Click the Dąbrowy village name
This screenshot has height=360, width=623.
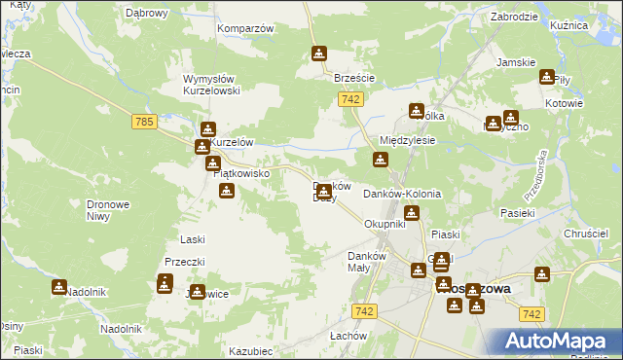click(x=147, y=14)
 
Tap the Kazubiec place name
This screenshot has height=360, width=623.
click(x=250, y=350)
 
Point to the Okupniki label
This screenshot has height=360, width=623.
click(x=384, y=224)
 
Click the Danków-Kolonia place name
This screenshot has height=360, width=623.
click(x=402, y=194)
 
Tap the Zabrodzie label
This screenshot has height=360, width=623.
click(x=515, y=17)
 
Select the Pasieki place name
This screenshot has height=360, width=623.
click(x=518, y=212)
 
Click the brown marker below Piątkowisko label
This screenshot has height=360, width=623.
click(x=227, y=191)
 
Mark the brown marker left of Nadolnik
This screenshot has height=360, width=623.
click(x=59, y=287)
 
